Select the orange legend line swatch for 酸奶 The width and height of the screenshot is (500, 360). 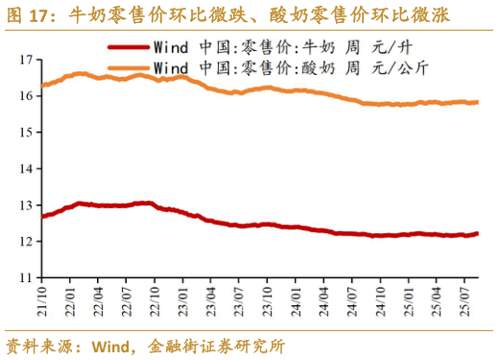coord(128,67)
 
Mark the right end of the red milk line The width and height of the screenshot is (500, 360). coord(477,233)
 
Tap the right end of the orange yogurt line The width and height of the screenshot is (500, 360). coord(477,102)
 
